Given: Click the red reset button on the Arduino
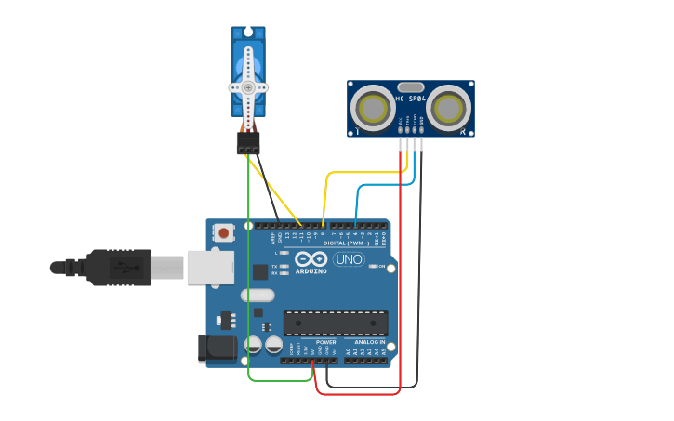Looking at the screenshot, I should click(224, 232).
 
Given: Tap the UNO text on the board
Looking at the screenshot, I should click(349, 259).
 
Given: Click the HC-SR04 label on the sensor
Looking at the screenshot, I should click(410, 99).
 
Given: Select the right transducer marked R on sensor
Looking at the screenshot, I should click(448, 108).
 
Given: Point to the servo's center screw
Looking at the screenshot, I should click(248, 87).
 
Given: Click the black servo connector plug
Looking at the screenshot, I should click(248, 144).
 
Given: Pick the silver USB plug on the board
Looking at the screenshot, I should click(209, 268).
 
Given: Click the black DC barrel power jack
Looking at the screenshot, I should click(219, 349).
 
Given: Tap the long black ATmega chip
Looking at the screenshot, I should click(336, 322).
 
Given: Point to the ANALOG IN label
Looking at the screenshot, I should click(369, 342).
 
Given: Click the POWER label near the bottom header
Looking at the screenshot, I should click(325, 342).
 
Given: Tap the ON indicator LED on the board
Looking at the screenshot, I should click(374, 266).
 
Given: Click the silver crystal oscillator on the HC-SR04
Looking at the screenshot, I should click(410, 87).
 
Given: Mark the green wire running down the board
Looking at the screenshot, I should click(249, 279).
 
